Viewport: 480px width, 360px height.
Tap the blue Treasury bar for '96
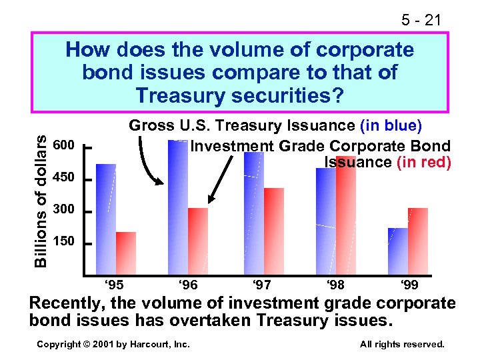178,207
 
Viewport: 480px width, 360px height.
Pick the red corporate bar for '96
198,241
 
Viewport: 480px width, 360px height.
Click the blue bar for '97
254,213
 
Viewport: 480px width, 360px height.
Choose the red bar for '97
274,231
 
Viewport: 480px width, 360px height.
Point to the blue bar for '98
326,221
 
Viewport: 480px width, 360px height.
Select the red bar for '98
346,215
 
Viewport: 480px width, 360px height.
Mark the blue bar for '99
398,251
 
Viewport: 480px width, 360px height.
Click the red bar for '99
418,241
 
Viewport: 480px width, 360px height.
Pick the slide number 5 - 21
421,21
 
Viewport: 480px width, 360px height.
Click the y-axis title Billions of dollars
41,200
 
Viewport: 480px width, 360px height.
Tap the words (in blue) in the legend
391,125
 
